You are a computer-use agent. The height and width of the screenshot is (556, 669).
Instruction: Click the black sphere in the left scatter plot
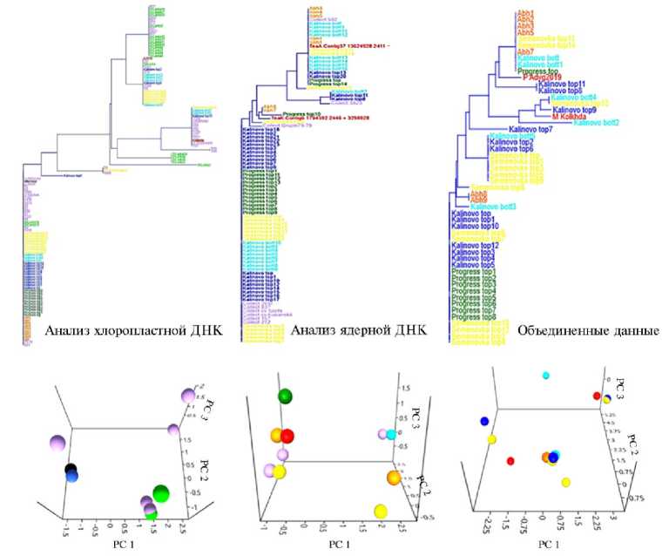[x=71, y=471]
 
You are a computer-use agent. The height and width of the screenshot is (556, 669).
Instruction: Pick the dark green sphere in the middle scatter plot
[x=285, y=397]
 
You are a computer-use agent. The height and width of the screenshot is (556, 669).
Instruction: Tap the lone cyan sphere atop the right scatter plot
[x=546, y=376]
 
